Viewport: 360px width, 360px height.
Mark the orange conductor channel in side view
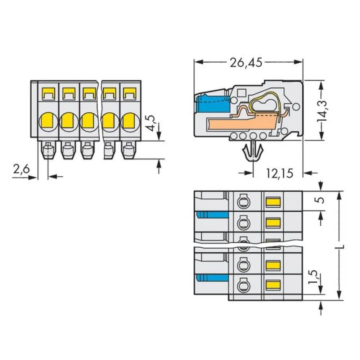[238, 125]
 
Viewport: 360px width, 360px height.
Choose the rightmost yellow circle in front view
[129, 121]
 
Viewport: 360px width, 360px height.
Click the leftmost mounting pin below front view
[48, 150]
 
